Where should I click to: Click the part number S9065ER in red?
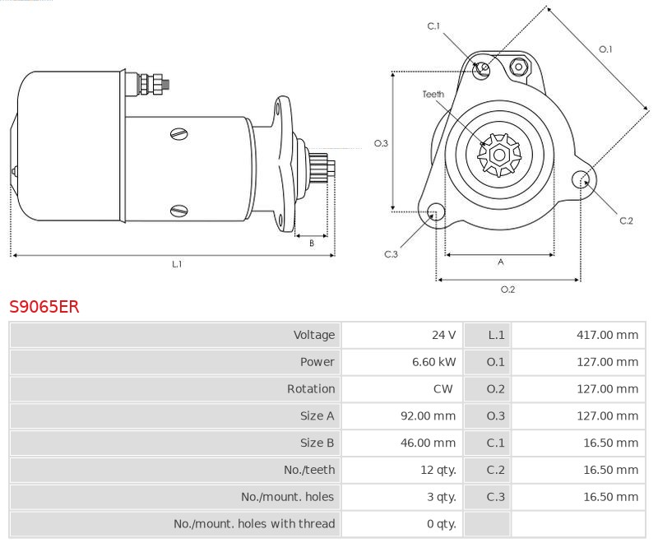[x=44, y=307]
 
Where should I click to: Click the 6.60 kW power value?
[x=434, y=362]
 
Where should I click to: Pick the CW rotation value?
[x=443, y=388]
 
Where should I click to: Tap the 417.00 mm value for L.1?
[x=607, y=335]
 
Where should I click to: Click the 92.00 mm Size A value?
[x=428, y=415]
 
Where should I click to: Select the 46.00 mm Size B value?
[x=428, y=443]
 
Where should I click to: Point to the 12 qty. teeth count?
[x=438, y=470]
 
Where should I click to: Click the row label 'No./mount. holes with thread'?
[x=254, y=524]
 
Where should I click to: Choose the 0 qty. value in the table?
[x=442, y=524]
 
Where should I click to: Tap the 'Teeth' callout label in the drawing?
[x=433, y=95]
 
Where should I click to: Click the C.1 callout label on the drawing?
[x=433, y=26]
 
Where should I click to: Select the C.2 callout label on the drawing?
[x=626, y=220]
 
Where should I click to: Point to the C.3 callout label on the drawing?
[x=391, y=254]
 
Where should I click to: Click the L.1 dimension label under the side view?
[x=177, y=264]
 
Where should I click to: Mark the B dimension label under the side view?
[x=312, y=243]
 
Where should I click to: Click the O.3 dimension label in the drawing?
[x=381, y=143]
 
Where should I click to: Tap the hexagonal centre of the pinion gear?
[x=499, y=155]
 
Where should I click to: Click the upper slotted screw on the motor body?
[x=179, y=134]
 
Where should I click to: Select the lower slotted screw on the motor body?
[x=179, y=211]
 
